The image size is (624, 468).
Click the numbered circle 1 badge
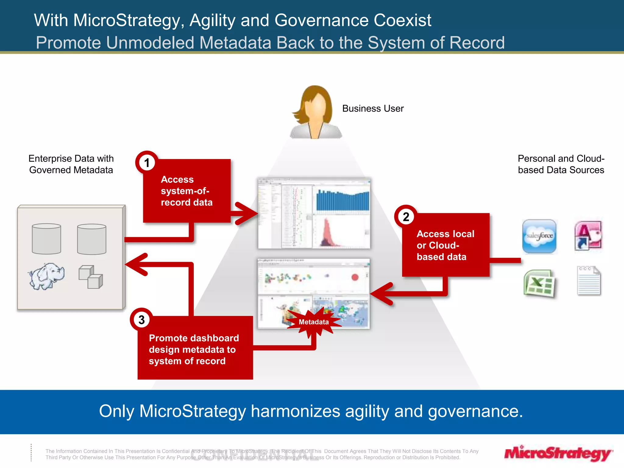tap(147, 162)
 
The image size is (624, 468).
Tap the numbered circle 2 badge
tap(406, 217)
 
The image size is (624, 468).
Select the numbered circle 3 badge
tap(142, 320)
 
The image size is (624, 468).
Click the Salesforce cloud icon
tap(539, 236)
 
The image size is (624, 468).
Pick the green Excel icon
tap(539, 284)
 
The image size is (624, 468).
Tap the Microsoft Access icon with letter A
tap(588, 236)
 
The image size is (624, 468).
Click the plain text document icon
tap(589, 281)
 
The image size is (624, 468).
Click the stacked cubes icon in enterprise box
tap(91, 277)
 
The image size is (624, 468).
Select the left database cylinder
tap(46, 239)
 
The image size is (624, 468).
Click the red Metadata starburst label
tap(314, 322)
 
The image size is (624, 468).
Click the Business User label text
tap(373, 108)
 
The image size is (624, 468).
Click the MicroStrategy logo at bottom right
tap(558, 453)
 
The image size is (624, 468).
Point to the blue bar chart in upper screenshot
tap(342, 200)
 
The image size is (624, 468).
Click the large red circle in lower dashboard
tap(355, 277)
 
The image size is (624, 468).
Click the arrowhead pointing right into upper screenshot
tap(248, 213)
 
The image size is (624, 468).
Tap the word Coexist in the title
tap(402, 20)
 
